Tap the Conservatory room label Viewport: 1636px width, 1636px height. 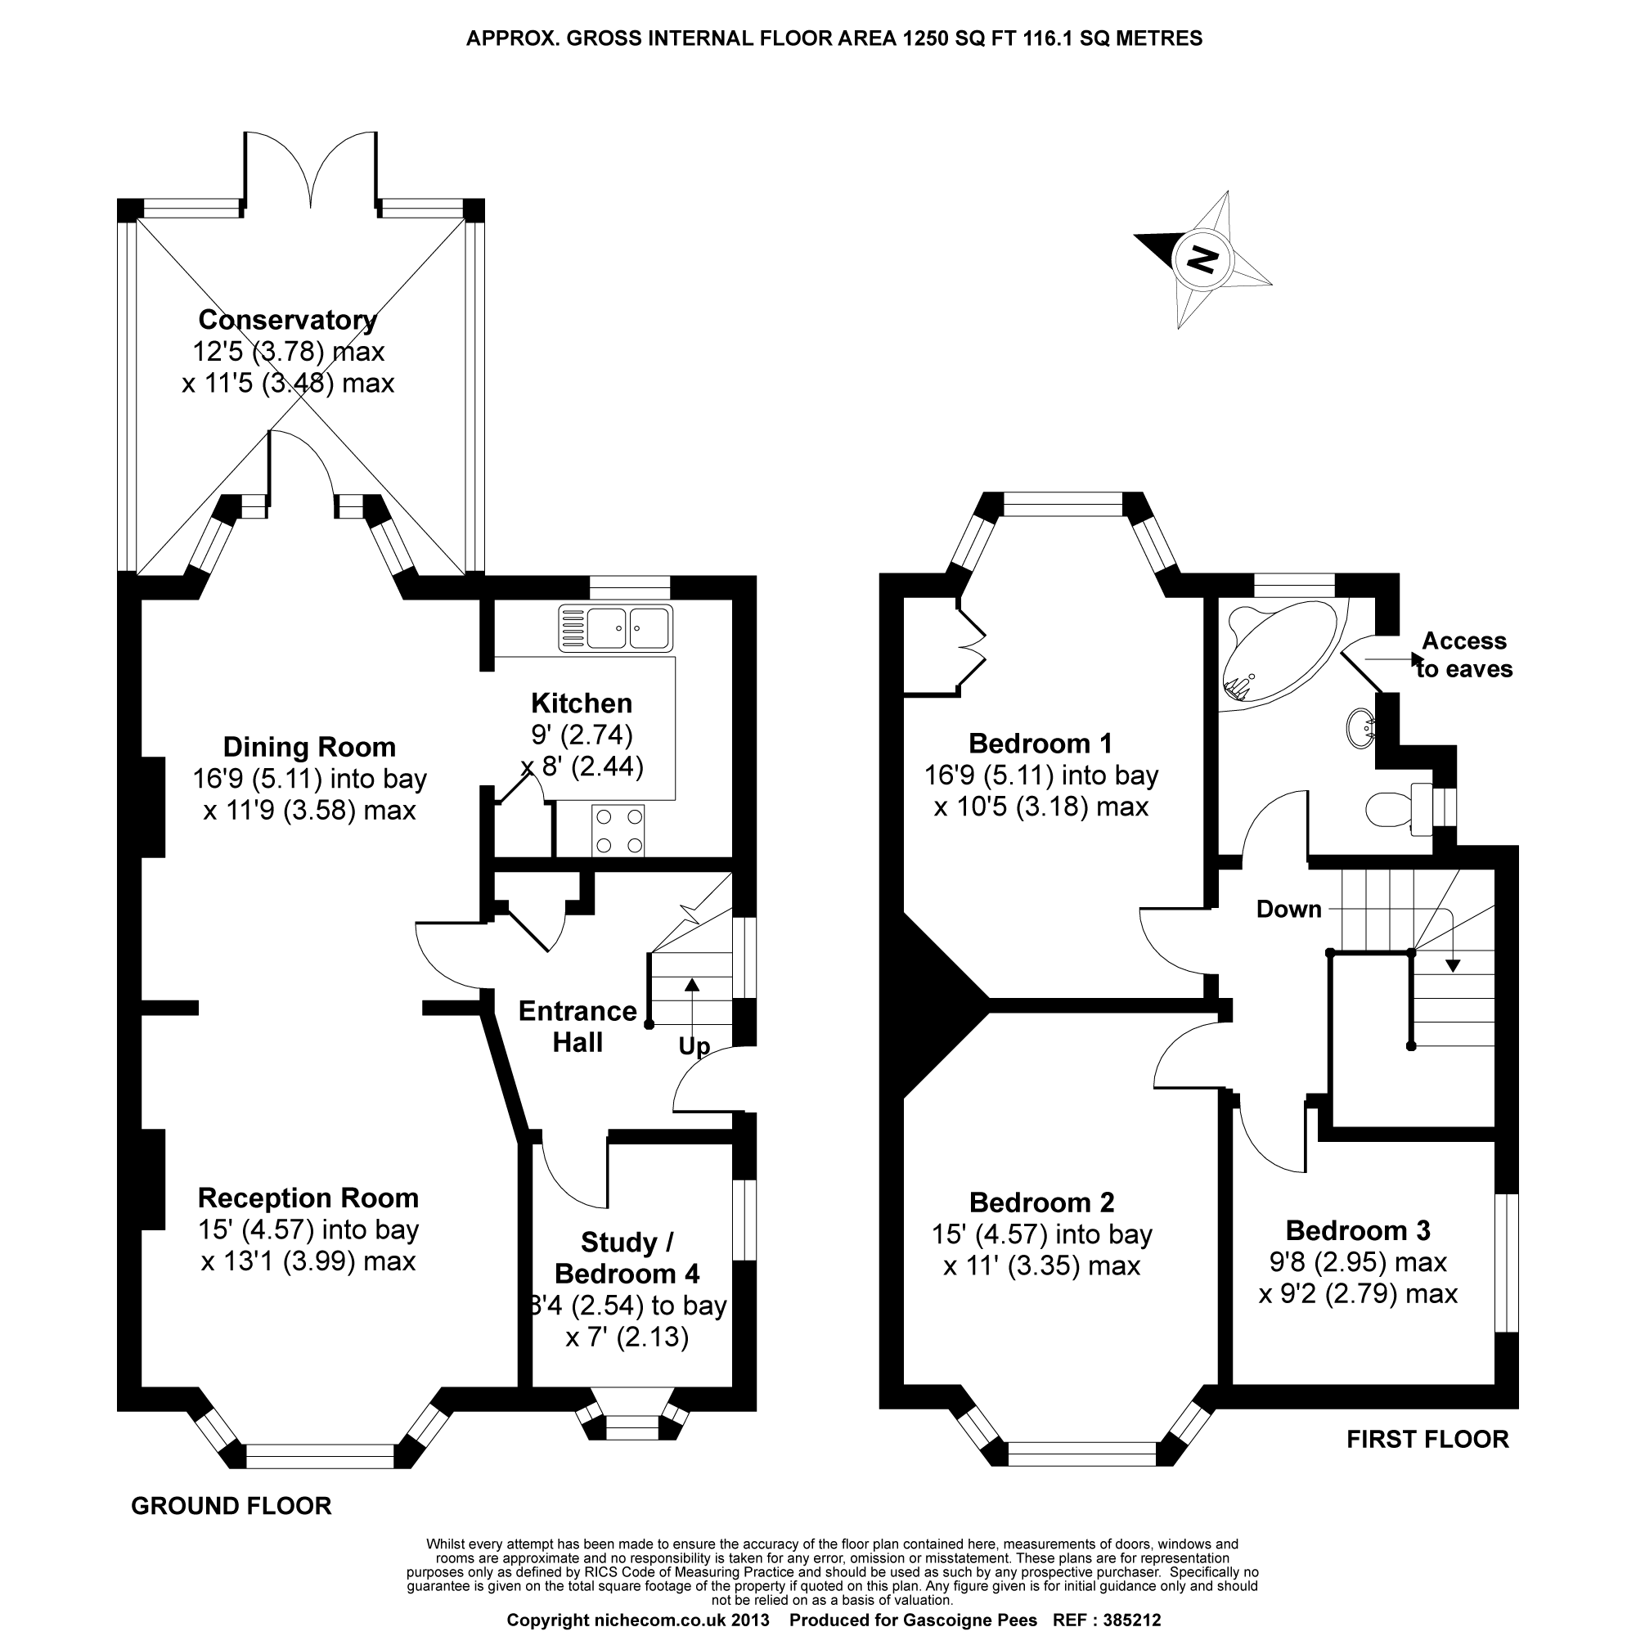click(x=287, y=320)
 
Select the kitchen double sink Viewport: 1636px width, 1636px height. click(x=616, y=628)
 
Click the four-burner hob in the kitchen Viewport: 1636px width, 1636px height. click(x=618, y=831)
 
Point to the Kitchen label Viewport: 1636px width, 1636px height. click(x=582, y=703)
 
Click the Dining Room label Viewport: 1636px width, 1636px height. click(x=309, y=748)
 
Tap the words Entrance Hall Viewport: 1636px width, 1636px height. click(x=578, y=1027)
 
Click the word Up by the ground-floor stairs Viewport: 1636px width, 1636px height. click(x=694, y=1047)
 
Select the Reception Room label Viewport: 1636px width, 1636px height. click(x=308, y=1198)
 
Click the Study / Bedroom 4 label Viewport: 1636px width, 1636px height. click(x=627, y=1257)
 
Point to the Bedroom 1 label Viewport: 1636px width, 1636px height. click(x=1040, y=744)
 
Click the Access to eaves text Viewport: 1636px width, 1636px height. click(x=1464, y=654)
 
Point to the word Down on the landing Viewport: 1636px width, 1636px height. click(x=1289, y=910)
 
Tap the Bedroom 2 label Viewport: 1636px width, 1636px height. click(x=1041, y=1202)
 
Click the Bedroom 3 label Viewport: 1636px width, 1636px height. click(x=1357, y=1230)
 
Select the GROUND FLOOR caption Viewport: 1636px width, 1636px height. click(x=231, y=1507)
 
